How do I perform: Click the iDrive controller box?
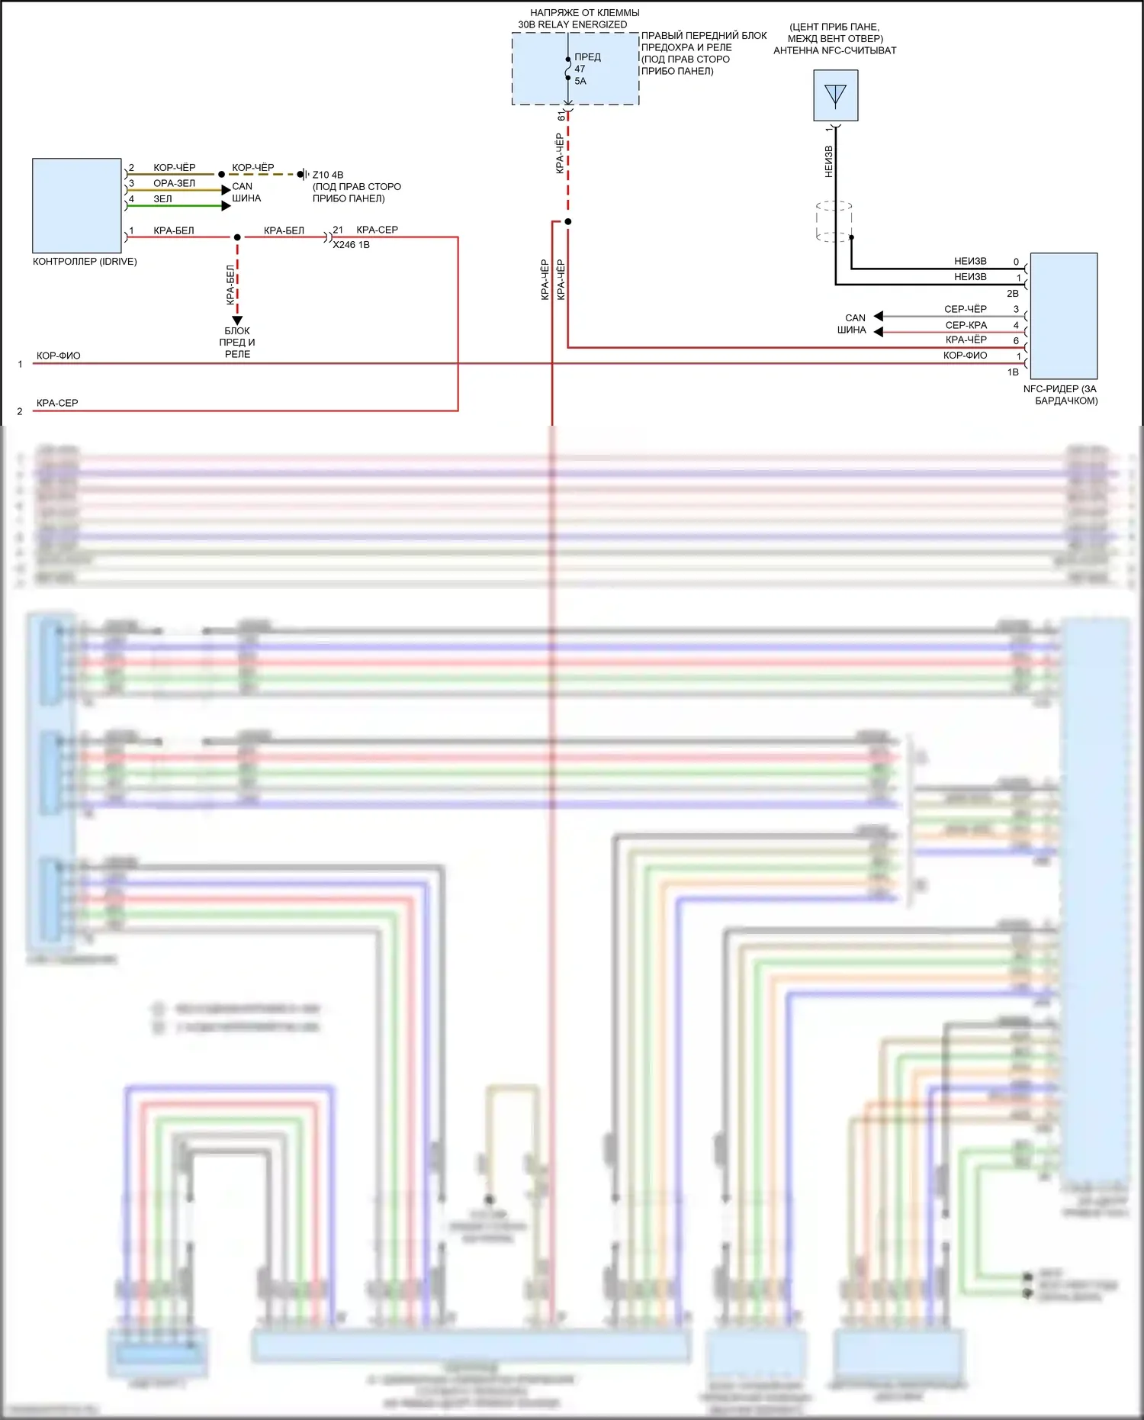(x=76, y=205)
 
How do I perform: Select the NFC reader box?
(x=1063, y=316)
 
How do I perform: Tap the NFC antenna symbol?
(x=835, y=95)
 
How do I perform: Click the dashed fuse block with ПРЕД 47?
(x=575, y=69)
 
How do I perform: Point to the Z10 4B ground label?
(x=328, y=175)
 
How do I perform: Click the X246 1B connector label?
(x=351, y=245)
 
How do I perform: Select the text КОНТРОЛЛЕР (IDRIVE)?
(x=85, y=262)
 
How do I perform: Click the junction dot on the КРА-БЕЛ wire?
(x=237, y=237)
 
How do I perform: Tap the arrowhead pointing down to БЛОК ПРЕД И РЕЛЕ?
(x=237, y=320)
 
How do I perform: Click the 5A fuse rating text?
(x=580, y=82)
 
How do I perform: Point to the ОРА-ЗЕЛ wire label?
(x=174, y=183)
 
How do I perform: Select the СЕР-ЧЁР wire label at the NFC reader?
(x=965, y=309)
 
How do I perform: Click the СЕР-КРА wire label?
(x=966, y=325)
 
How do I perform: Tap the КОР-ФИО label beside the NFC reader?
(x=965, y=356)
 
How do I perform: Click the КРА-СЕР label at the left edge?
(x=57, y=403)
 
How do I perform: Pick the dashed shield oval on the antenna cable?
(x=834, y=221)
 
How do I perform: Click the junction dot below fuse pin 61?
(x=567, y=222)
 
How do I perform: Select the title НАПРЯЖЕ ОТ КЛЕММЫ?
(x=584, y=13)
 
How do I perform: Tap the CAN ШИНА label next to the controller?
(x=246, y=192)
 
